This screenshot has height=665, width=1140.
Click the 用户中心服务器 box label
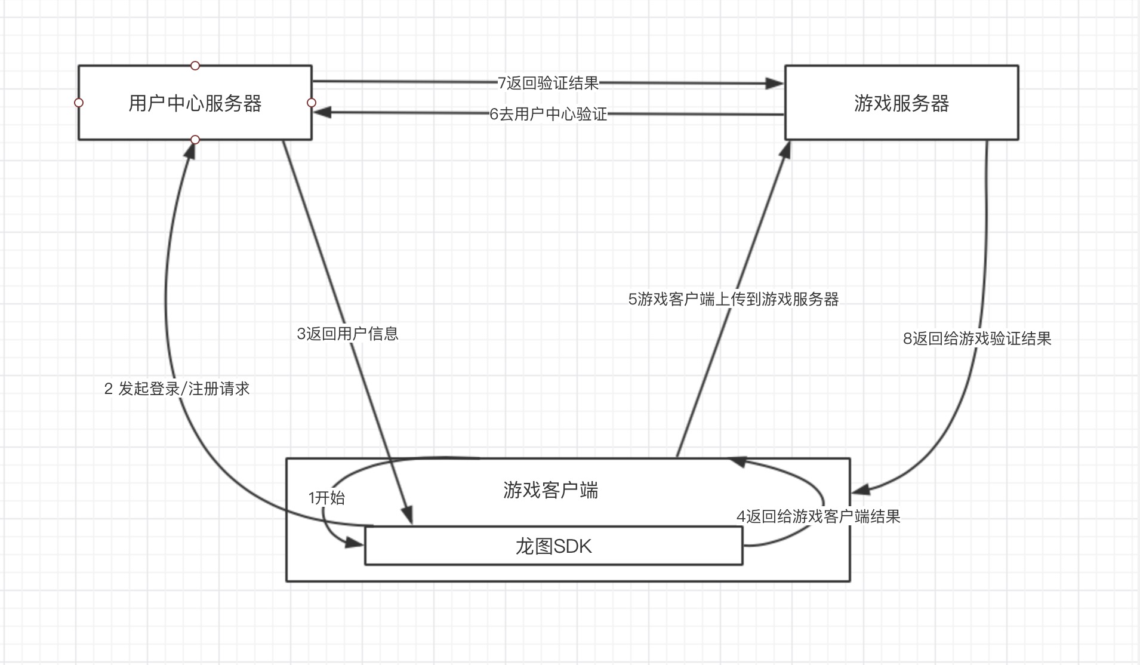pyautogui.click(x=195, y=103)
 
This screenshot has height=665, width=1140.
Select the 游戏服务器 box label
pyautogui.click(x=901, y=103)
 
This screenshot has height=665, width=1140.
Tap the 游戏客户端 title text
pyautogui.click(x=550, y=490)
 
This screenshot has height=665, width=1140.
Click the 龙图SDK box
pyautogui.click(x=553, y=546)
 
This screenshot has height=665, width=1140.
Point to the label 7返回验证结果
pyautogui.click(x=548, y=83)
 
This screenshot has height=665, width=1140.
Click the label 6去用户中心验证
pyautogui.click(x=548, y=114)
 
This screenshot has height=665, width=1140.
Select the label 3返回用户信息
pyautogui.click(x=347, y=333)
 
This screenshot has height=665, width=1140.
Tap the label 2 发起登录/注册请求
pyautogui.click(x=177, y=389)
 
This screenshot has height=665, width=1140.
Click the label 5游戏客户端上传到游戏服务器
pyautogui.click(x=734, y=299)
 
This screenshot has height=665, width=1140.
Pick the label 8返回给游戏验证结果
pyautogui.click(x=977, y=339)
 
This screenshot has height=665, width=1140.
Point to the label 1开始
pyautogui.click(x=326, y=498)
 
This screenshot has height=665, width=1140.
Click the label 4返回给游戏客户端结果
pyautogui.click(x=818, y=516)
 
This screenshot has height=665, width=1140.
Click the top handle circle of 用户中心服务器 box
pyautogui.click(x=195, y=66)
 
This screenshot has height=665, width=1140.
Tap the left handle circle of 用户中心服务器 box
pyautogui.click(x=79, y=103)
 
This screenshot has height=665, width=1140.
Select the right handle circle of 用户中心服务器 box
pyautogui.click(x=312, y=103)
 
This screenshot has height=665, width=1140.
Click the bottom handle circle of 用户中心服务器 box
pyautogui.click(x=195, y=140)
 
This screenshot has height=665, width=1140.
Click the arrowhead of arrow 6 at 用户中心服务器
pyautogui.click(x=323, y=112)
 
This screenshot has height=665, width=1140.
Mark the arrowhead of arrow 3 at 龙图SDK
pyautogui.click(x=408, y=516)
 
